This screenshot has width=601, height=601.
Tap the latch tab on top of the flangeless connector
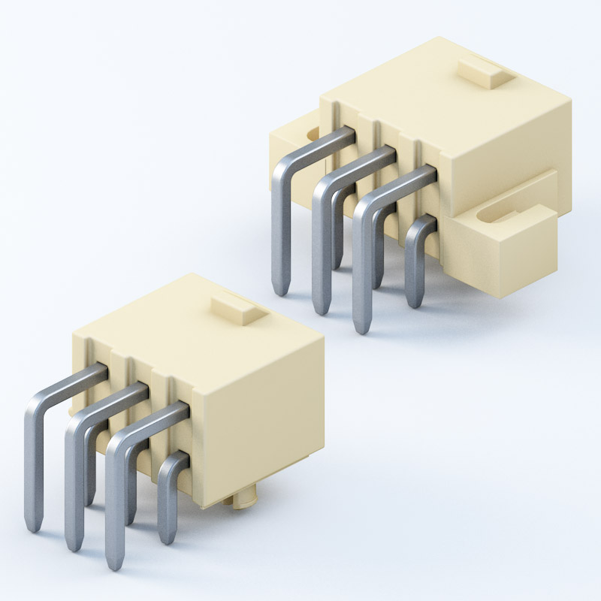pyautogui.click(x=237, y=309)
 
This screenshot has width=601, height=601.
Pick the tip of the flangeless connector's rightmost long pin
pyautogui.click(x=114, y=562)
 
